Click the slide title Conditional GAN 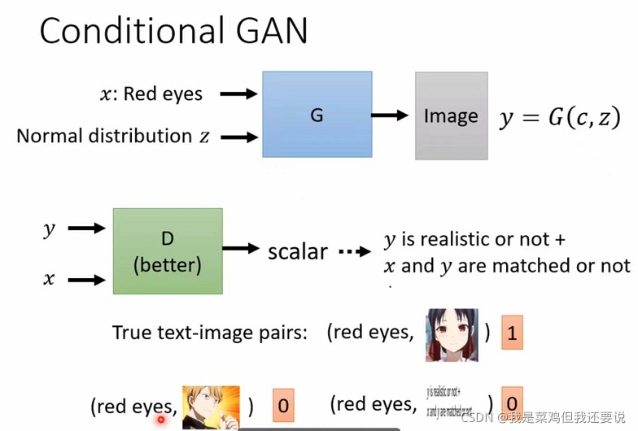(x=174, y=31)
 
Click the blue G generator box (x=317, y=115)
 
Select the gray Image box (x=451, y=115)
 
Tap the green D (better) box (x=168, y=251)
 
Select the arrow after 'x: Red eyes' (x=238, y=94)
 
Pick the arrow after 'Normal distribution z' (x=238, y=137)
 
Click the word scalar (x=298, y=251)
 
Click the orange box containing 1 (x=511, y=332)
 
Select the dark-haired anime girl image (x=452, y=334)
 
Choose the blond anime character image (x=211, y=407)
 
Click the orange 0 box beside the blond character (x=282, y=405)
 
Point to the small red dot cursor (x=161, y=420)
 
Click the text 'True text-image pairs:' (x=210, y=333)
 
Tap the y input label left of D (x=50, y=229)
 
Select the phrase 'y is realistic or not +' (x=474, y=240)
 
